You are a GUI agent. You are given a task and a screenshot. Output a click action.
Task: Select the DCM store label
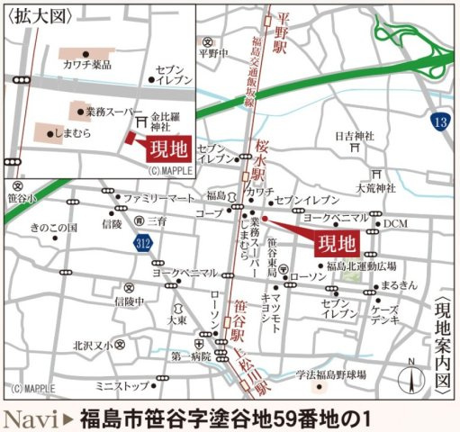tap(396, 222)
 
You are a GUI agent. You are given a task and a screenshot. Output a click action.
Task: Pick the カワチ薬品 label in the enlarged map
tap(87, 64)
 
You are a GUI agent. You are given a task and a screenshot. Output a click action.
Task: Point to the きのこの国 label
tap(53, 228)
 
